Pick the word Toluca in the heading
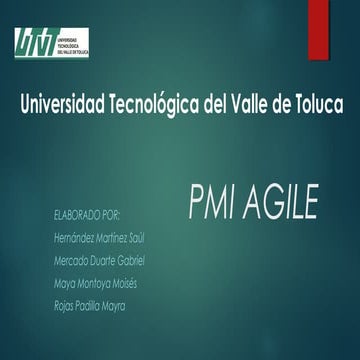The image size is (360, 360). click(318, 104)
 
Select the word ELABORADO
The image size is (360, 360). click(73, 215)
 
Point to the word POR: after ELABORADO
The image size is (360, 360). click(111, 215)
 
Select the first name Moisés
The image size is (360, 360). click(123, 284)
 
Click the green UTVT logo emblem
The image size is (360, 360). click(33, 40)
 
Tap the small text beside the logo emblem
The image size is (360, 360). click(75, 40)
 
